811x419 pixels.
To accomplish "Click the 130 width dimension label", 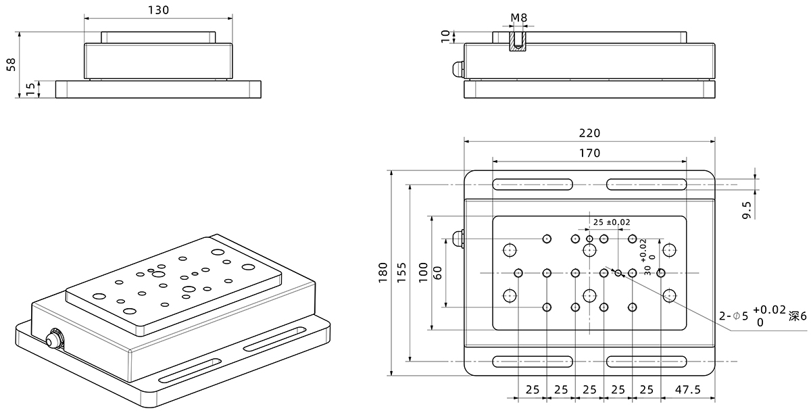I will point(157,9).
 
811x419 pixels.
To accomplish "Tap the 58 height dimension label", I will point(11,65).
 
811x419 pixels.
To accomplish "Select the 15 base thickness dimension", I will point(30,89).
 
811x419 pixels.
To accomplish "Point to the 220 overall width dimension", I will point(589,133).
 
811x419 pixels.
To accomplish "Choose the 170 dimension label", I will point(589,153).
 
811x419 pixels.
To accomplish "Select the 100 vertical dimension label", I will point(422,272).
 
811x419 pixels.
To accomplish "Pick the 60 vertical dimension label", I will point(437,272).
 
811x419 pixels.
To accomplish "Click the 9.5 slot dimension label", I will point(747,209).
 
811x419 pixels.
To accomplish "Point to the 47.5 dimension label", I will point(687,390).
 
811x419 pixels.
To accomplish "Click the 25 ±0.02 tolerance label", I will point(611,222).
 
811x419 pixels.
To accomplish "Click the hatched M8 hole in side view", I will point(518,40).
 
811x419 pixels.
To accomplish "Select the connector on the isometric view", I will point(53,337).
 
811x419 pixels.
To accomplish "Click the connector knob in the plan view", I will point(458,239).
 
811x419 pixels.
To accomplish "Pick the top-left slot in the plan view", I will point(533,184).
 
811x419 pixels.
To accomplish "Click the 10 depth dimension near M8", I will point(445,36).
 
